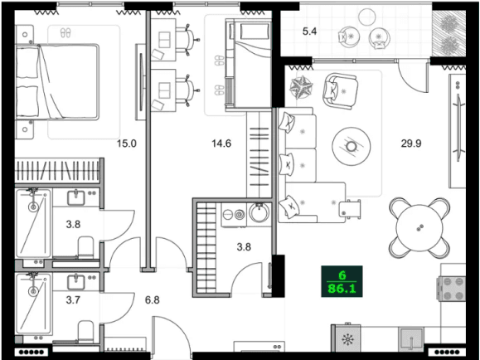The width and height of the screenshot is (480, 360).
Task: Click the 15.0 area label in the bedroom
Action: pos(125,144)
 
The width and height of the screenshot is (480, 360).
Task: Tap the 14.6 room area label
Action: pos(221,144)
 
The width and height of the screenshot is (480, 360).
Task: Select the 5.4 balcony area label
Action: pos(310,32)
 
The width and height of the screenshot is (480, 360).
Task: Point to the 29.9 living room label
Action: pos(413,144)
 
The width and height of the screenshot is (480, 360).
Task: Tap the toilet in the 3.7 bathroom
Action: pos(85,332)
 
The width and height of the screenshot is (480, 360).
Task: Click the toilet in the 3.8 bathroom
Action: pos(85,246)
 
